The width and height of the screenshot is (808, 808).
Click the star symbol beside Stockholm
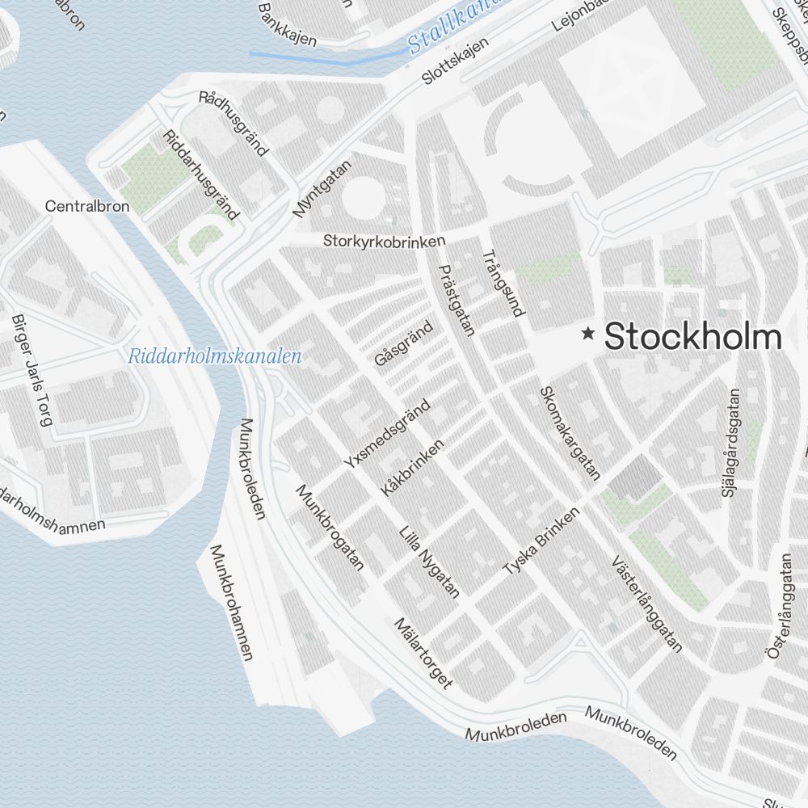click(x=589, y=333)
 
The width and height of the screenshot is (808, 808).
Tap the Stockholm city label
click(x=693, y=336)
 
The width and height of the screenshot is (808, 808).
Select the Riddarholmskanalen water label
click(x=215, y=356)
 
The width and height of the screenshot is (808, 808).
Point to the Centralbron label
click(x=87, y=206)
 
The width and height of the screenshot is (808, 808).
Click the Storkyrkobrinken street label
click(x=385, y=241)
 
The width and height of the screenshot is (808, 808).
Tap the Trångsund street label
click(x=503, y=283)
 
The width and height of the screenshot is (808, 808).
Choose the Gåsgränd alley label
click(x=404, y=343)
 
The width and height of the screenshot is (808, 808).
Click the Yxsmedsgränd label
click(x=387, y=434)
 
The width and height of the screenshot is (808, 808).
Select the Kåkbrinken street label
click(x=413, y=468)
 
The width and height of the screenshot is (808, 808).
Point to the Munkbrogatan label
click(x=330, y=527)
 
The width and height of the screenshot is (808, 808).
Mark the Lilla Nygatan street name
click(x=430, y=562)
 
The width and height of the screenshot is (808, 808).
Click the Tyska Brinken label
click(x=541, y=541)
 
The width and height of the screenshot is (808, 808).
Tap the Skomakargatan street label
click(x=570, y=432)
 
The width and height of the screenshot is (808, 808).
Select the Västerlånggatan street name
click(x=647, y=603)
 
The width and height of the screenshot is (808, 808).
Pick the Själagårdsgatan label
click(x=733, y=443)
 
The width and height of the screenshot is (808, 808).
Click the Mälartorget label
click(x=423, y=653)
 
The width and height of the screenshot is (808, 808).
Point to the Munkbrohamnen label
click(x=232, y=602)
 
